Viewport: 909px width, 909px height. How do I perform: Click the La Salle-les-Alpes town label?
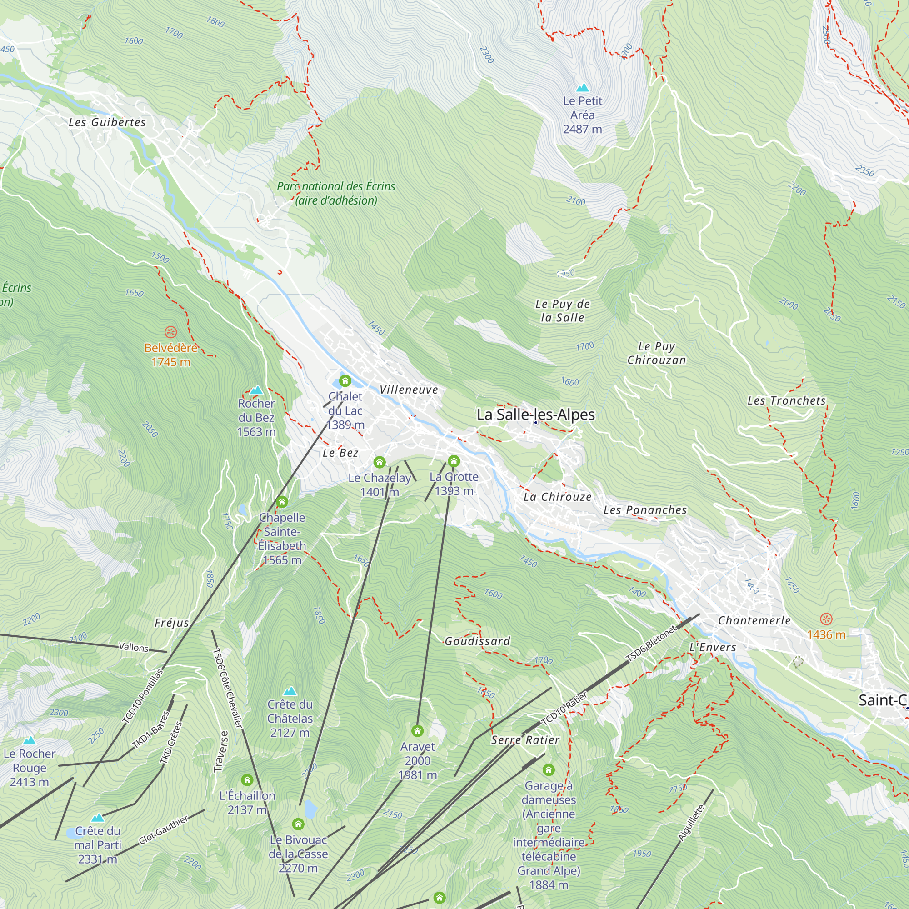pos(535,415)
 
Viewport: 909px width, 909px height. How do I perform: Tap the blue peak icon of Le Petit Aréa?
pos(583,88)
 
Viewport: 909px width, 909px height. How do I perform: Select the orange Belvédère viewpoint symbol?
pos(170,332)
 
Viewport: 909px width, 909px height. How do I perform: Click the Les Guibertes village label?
pos(107,122)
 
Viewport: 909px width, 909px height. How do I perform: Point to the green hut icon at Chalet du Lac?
pos(345,380)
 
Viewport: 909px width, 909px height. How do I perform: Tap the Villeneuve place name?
pos(409,390)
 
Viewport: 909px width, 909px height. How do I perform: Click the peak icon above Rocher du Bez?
pos(256,390)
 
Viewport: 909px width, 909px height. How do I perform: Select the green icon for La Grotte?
pos(454,460)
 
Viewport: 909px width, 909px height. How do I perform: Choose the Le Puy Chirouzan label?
pos(656,353)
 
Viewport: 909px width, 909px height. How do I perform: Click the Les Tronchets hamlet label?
pos(787,401)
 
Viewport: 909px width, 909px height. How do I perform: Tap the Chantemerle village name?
pos(754,620)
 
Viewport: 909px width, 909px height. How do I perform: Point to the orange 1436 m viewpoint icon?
pos(826,619)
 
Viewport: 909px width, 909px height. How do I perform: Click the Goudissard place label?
pos(477,641)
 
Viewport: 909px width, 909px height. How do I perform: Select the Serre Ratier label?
pos(525,740)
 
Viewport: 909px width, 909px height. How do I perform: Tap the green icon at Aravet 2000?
pos(417,731)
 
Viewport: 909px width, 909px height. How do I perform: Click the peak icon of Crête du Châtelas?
pos(290,691)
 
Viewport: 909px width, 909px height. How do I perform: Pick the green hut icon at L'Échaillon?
pos(247,780)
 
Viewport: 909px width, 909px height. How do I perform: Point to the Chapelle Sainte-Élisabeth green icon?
pos(281,502)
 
